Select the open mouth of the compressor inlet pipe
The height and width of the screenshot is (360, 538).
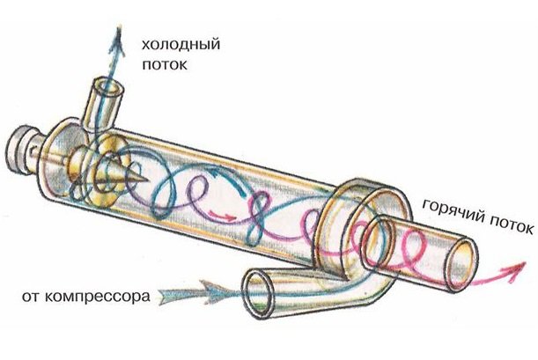260,294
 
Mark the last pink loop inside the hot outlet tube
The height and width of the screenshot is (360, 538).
407,258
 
